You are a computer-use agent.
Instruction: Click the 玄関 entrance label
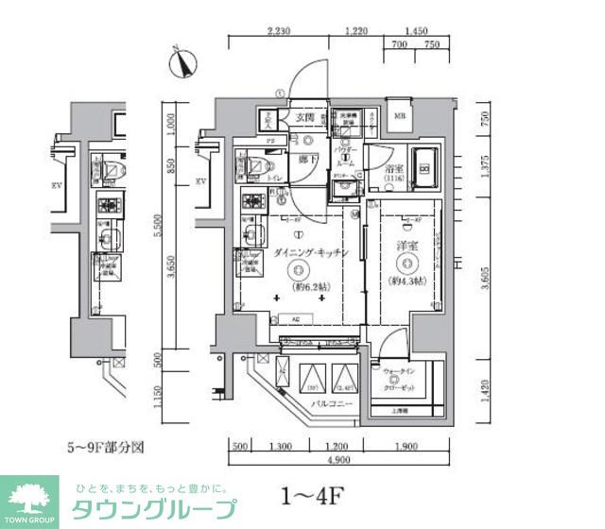[x=303, y=117]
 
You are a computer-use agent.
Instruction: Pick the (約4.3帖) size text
[x=406, y=280]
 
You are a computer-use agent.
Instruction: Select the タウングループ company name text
[x=156, y=508]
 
